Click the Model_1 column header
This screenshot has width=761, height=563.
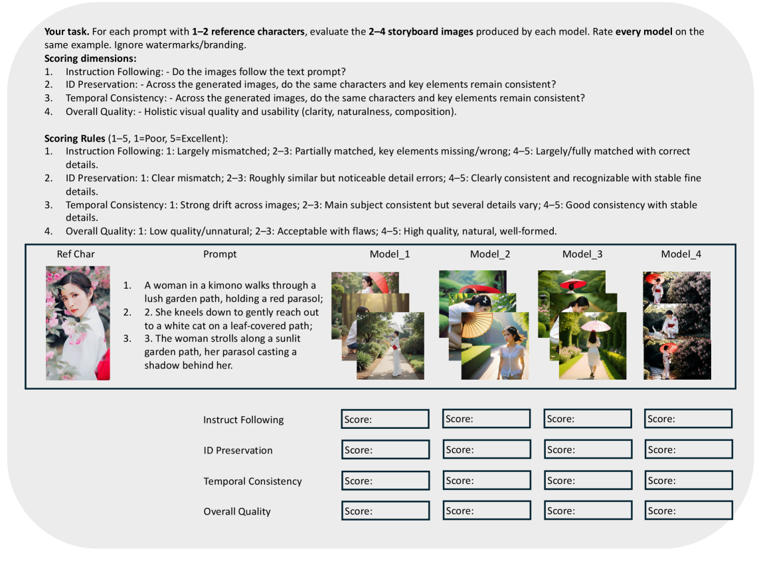click(390, 254)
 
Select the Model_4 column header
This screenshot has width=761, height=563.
click(681, 254)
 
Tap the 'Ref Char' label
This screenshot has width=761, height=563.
click(76, 254)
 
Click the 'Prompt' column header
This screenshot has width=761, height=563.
click(220, 254)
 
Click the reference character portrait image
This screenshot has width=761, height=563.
click(78, 323)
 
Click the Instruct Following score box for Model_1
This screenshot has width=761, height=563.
click(385, 419)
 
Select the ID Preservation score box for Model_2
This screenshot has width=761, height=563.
click(486, 449)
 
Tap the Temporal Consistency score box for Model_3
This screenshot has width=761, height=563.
click(588, 480)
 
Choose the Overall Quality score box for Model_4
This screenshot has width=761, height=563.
click(688, 511)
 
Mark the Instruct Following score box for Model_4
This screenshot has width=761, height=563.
click(688, 418)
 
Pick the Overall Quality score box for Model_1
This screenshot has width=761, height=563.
click(385, 511)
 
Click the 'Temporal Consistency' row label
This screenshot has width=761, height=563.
click(252, 481)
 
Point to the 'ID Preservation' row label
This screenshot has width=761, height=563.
click(238, 450)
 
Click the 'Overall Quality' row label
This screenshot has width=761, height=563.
click(237, 512)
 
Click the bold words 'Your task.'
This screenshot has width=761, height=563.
click(66, 32)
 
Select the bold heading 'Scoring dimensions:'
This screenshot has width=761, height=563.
click(90, 58)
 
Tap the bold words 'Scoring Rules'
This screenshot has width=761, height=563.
click(75, 138)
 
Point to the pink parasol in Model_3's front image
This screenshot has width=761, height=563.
click(596, 325)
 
